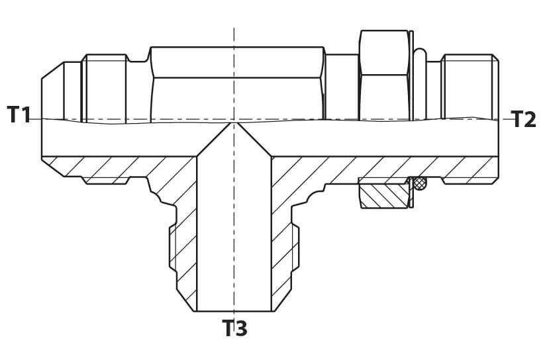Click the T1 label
19,115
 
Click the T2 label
523,118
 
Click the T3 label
234,328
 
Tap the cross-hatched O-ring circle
421,183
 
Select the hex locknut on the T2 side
384,75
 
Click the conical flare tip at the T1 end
52,91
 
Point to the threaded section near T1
103,88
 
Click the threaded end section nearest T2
470,87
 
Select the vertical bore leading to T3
234,234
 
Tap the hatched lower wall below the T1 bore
104,169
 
